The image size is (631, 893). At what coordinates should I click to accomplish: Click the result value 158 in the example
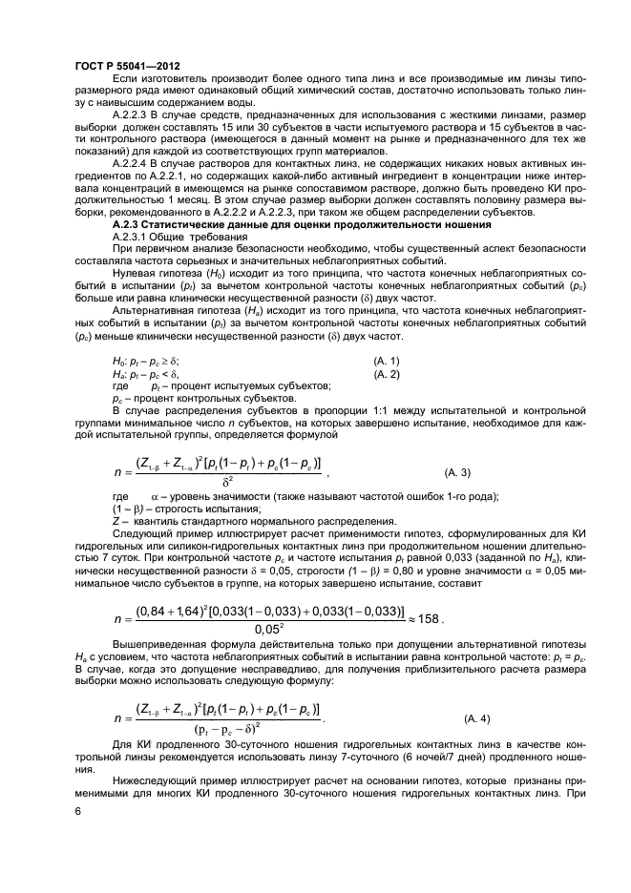click(429, 618)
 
